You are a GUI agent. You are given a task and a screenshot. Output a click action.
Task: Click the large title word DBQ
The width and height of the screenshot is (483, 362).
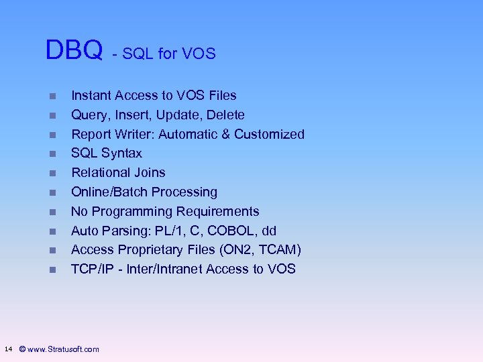point(74,50)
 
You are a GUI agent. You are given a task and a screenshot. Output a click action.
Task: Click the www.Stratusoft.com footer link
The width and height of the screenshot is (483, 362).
point(63,349)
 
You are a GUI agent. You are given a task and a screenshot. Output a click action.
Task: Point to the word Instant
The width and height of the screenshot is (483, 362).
point(93,96)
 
